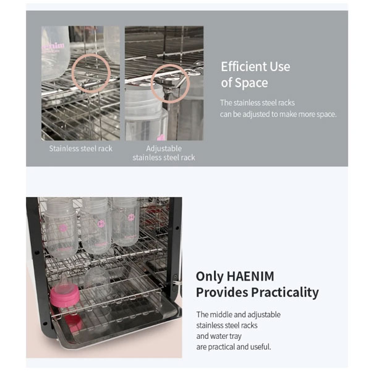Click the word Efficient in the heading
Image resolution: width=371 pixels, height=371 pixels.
[x=244, y=67]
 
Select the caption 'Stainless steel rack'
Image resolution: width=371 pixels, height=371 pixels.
[x=80, y=148]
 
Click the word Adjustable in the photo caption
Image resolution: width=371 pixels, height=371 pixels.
[x=164, y=148]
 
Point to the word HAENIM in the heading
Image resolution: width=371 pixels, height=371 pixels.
[x=250, y=276]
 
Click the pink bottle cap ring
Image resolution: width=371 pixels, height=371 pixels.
[x=64, y=296]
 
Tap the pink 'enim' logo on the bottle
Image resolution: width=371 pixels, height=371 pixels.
[x=53, y=46]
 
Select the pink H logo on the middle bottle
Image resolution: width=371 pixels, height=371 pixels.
[x=101, y=223]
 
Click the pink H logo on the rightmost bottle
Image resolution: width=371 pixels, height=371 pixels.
[x=131, y=217]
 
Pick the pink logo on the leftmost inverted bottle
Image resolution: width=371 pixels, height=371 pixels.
[x=63, y=228]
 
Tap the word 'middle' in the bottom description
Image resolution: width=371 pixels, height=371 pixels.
[x=221, y=315]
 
